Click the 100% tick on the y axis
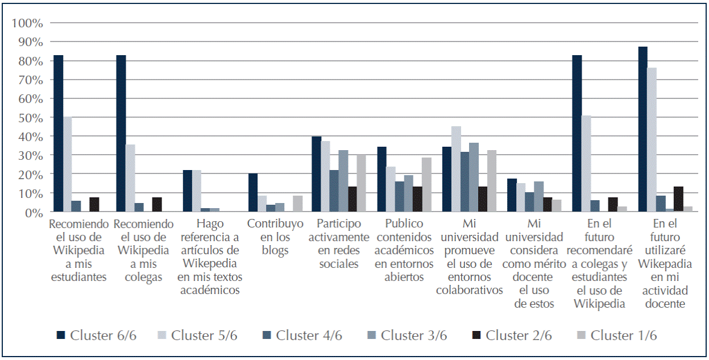(27, 23)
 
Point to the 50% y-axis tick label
(30, 118)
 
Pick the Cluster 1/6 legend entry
(623, 336)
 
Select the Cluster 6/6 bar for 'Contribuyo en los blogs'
(252, 193)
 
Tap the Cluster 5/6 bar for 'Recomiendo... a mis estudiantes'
(67, 164)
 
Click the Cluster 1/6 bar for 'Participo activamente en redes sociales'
(361, 183)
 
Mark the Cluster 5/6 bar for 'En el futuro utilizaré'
(652, 140)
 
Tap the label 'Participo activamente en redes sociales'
(338, 243)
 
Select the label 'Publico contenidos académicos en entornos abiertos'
(404, 250)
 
